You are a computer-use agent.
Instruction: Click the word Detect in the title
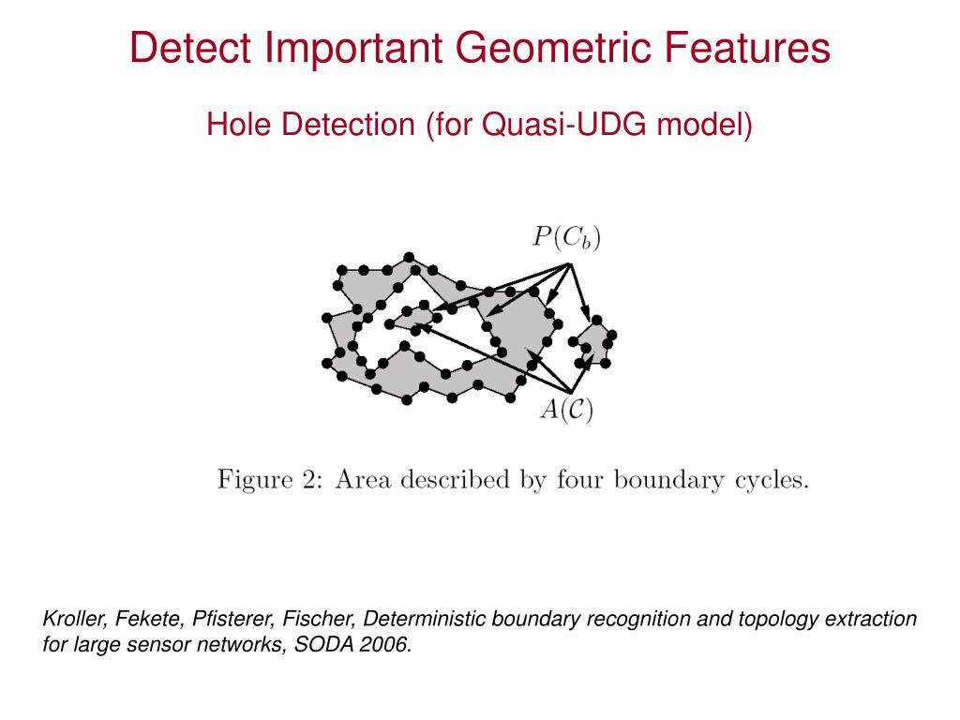point(184,48)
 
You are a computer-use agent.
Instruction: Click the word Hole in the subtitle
point(235,124)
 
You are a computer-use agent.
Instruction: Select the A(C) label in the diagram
point(566,410)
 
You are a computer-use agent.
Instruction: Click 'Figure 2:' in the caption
point(271,480)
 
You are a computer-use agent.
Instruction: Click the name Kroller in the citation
point(75,620)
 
